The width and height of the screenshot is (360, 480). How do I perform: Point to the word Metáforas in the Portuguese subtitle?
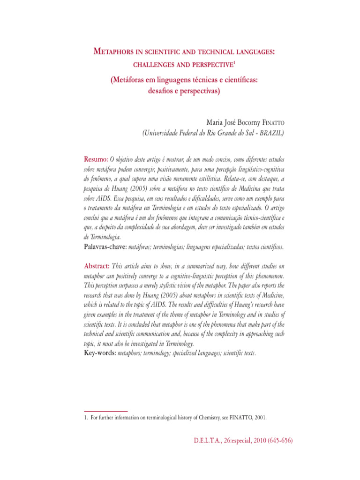[x=129, y=81]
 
